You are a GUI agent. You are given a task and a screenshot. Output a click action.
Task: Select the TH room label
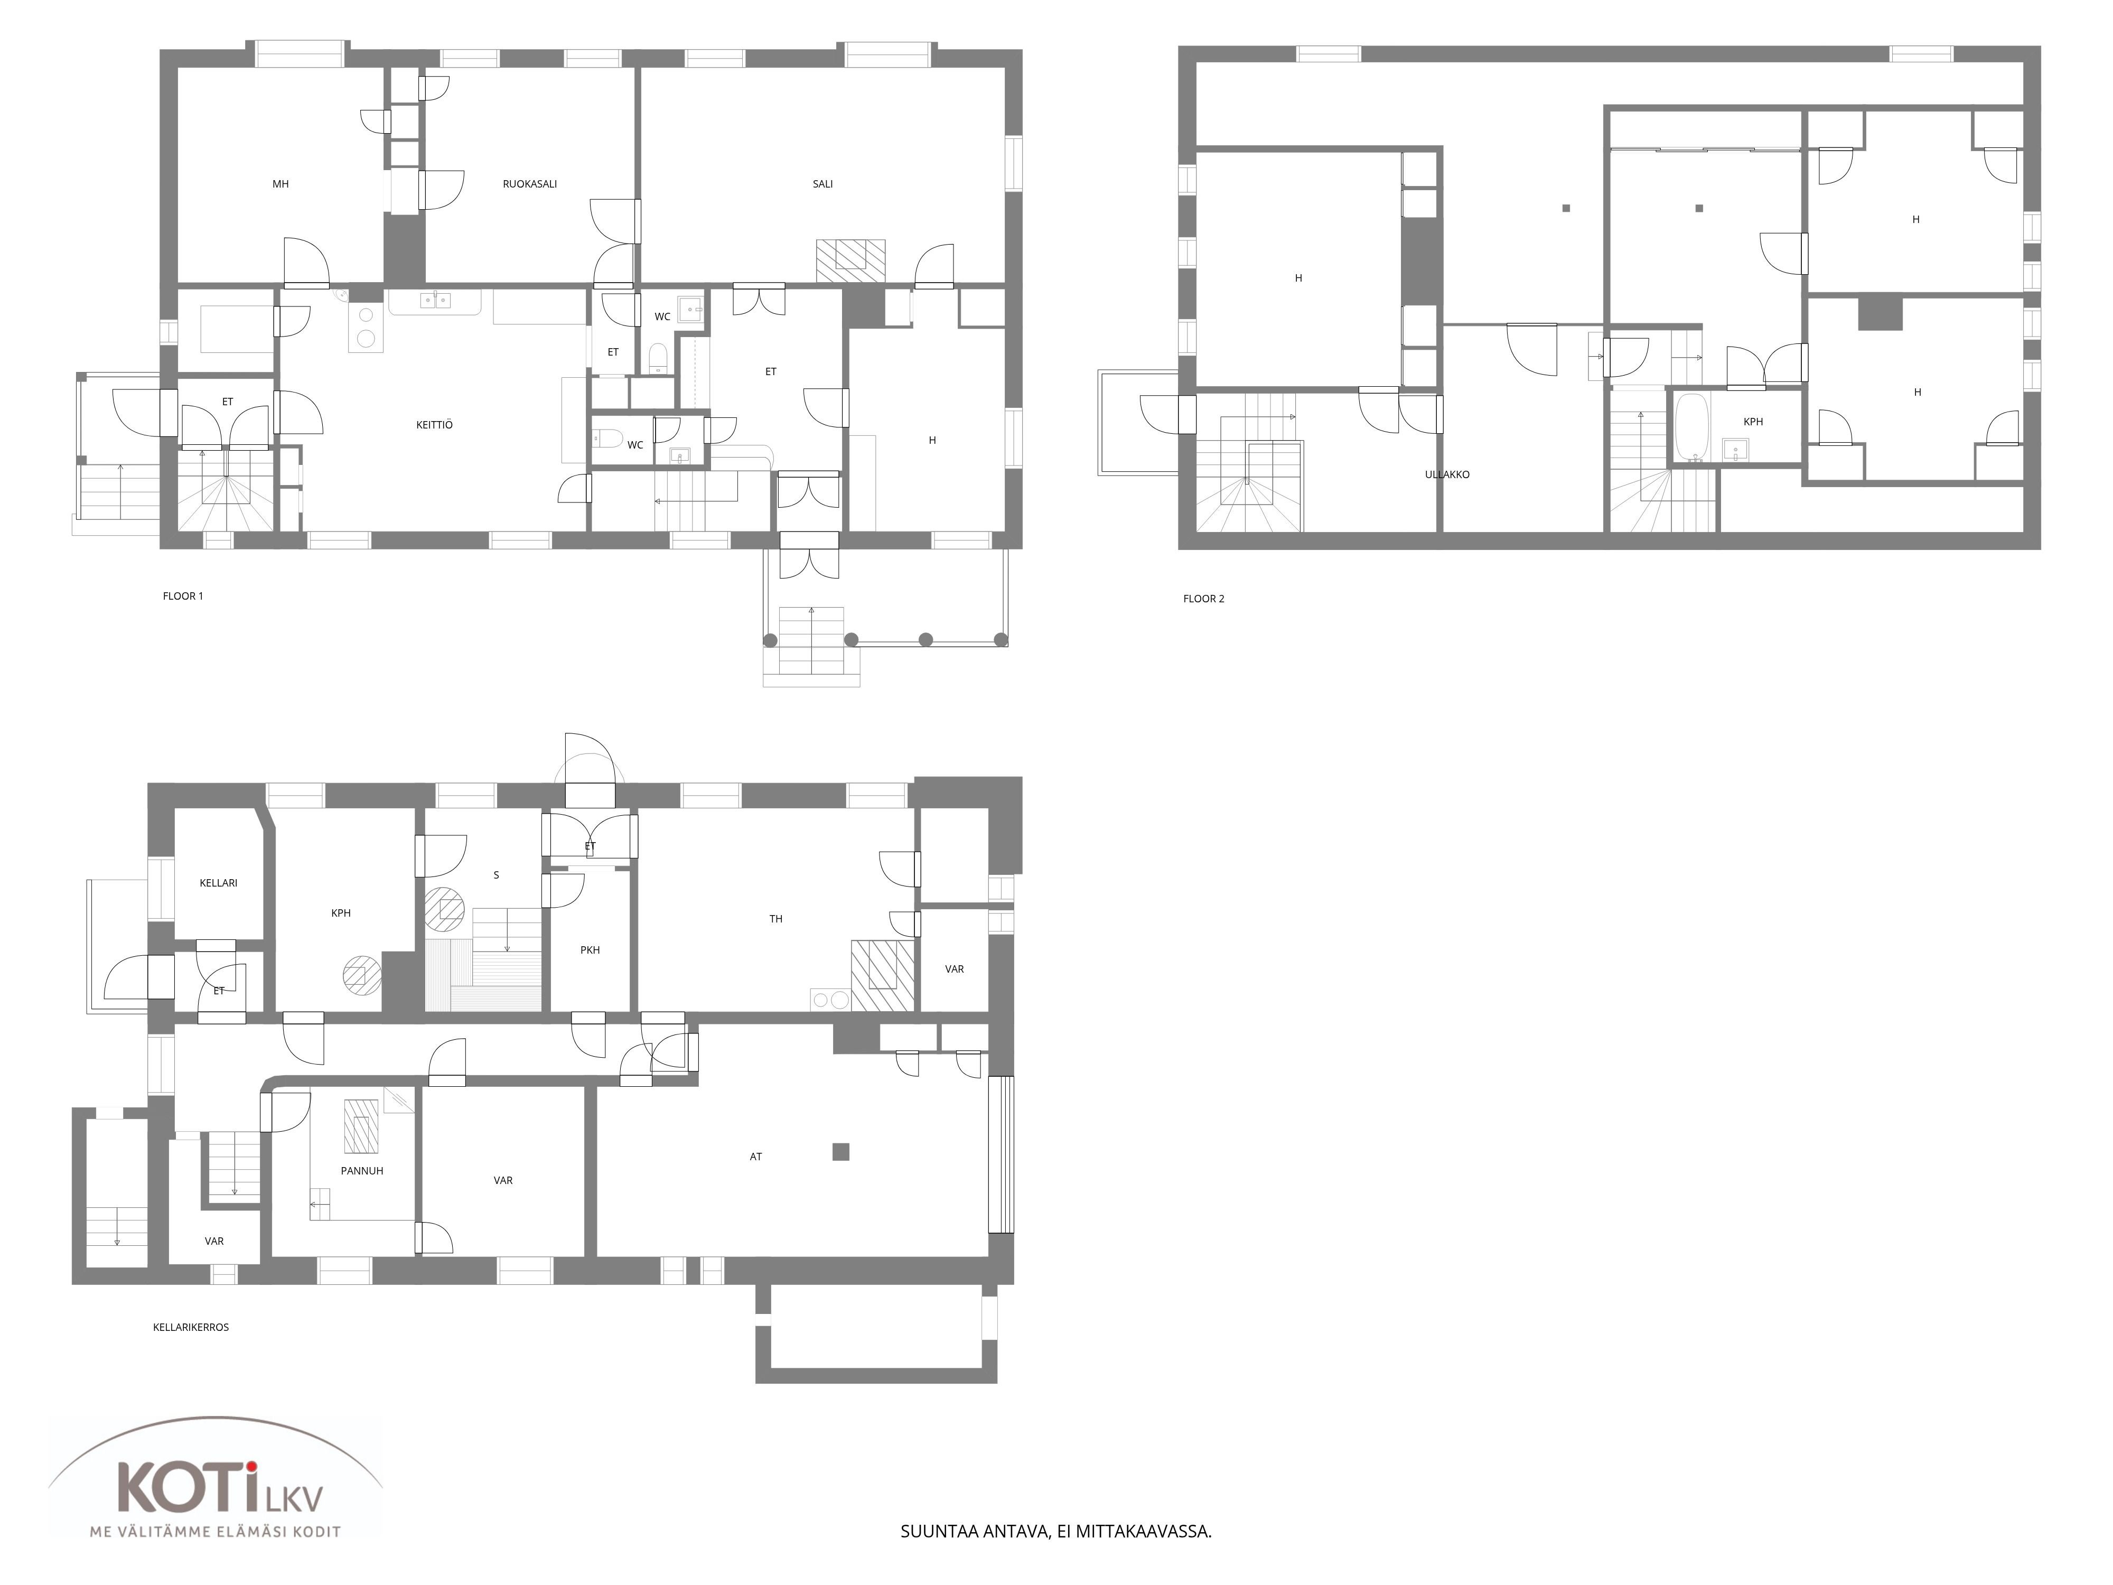click(775, 919)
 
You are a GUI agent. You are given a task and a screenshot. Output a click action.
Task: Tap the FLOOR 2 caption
click(1203, 599)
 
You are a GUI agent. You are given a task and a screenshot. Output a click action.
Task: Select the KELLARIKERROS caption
click(191, 1327)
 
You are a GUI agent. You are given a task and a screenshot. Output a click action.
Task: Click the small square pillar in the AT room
click(840, 1152)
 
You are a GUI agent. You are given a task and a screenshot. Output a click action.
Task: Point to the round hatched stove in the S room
click(444, 908)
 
